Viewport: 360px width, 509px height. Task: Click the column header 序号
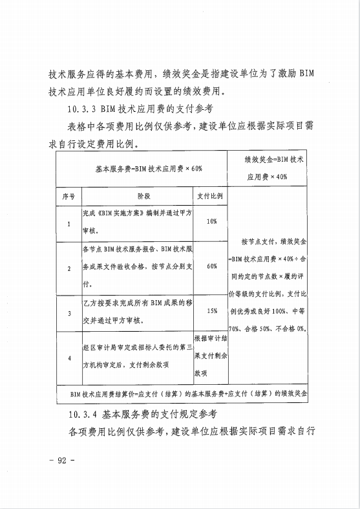69,195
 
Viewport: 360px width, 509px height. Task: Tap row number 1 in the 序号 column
69,224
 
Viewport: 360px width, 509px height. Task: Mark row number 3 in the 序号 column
69,313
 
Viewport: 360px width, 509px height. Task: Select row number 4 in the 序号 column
69,357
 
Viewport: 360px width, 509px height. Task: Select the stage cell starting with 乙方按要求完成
138,312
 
